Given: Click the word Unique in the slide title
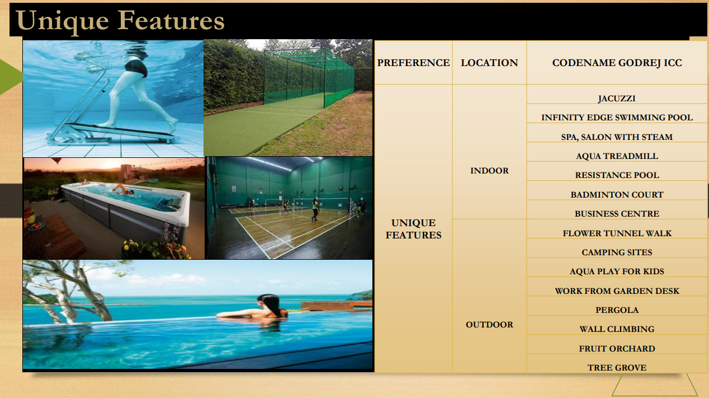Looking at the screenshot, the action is point(63,21).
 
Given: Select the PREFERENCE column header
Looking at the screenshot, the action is point(413,63).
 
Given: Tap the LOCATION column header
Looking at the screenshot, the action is point(489,63).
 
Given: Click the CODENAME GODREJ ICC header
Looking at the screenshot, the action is point(617,63).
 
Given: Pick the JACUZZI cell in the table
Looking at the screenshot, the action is point(617,99).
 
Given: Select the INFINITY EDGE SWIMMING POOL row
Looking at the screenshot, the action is point(617,118).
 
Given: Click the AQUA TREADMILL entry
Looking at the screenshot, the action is point(617,156).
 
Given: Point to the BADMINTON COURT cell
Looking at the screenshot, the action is point(617,195).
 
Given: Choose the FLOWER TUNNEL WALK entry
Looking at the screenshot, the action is point(617,233).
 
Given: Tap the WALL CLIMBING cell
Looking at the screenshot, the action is point(617,329).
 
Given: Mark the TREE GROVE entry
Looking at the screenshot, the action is point(617,368).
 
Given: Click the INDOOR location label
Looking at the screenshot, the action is point(489,171).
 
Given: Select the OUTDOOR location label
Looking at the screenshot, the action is point(489,325).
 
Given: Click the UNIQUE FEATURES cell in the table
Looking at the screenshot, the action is point(413,229).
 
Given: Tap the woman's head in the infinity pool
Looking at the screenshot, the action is point(269,303).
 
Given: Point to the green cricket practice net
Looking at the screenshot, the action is point(309,76).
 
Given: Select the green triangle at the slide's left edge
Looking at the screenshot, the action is point(11,77).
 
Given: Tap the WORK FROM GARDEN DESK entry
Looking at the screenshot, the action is point(617,291).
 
